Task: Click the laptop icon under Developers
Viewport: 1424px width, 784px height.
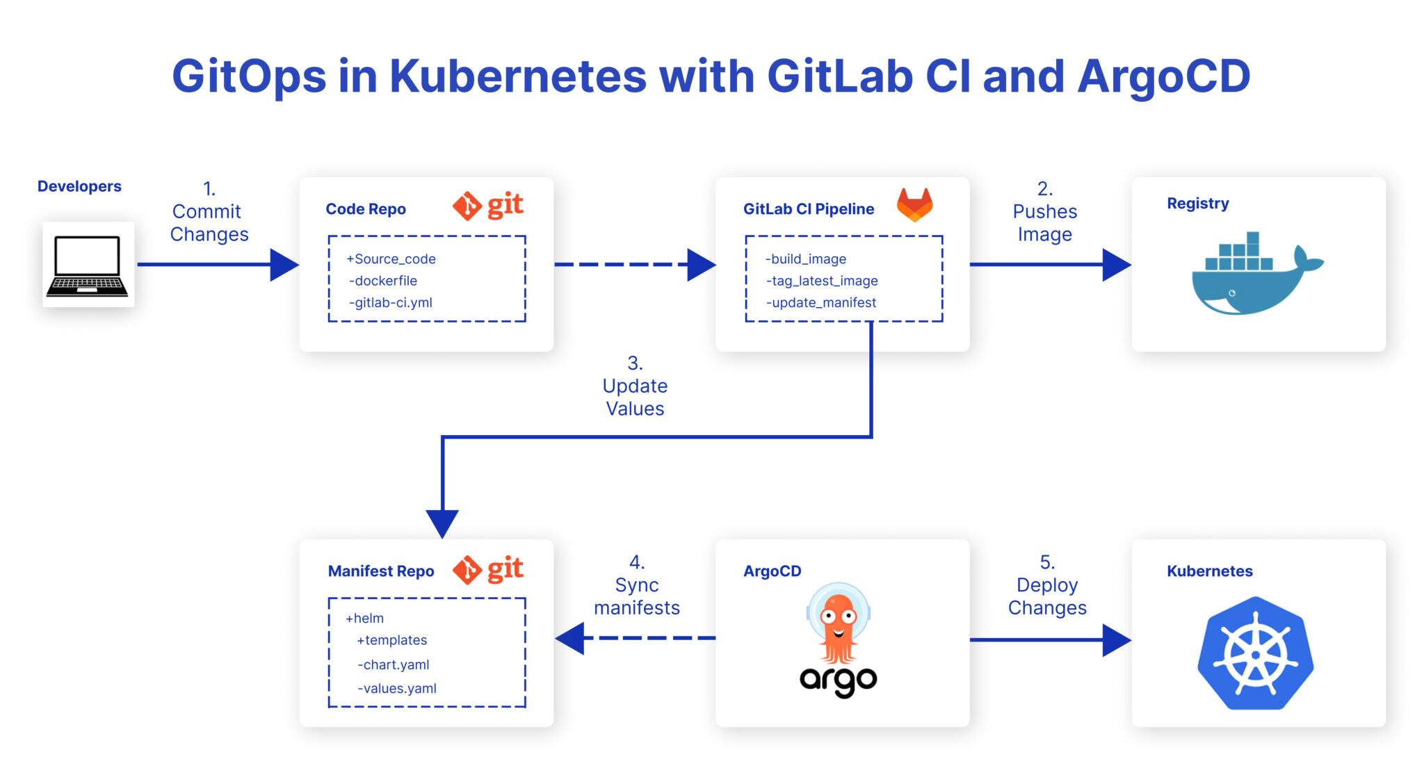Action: click(x=88, y=265)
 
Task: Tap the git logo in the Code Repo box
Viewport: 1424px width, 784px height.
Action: click(x=488, y=206)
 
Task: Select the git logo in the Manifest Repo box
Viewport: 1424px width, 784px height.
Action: click(x=488, y=570)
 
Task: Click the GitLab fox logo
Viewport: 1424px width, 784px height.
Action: click(x=914, y=204)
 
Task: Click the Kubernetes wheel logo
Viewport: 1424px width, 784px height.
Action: click(x=1255, y=653)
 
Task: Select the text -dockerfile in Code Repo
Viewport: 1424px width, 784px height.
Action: click(x=383, y=281)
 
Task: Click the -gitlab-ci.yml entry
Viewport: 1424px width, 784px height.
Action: click(x=391, y=303)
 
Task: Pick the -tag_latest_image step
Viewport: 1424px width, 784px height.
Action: click(x=822, y=281)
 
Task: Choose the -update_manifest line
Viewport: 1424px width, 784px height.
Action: click(x=821, y=303)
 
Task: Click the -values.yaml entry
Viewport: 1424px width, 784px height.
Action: click(x=397, y=689)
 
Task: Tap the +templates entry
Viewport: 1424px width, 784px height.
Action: click(x=392, y=640)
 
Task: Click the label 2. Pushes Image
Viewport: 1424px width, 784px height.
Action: click(x=1044, y=212)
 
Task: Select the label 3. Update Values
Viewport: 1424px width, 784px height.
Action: click(x=635, y=386)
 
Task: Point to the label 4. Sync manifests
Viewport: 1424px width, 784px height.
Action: click(x=636, y=585)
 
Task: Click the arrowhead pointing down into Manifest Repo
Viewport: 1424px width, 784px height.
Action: click(x=442, y=523)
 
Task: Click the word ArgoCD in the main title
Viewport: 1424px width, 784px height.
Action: click(x=1163, y=76)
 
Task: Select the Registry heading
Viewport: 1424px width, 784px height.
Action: click(x=1197, y=204)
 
